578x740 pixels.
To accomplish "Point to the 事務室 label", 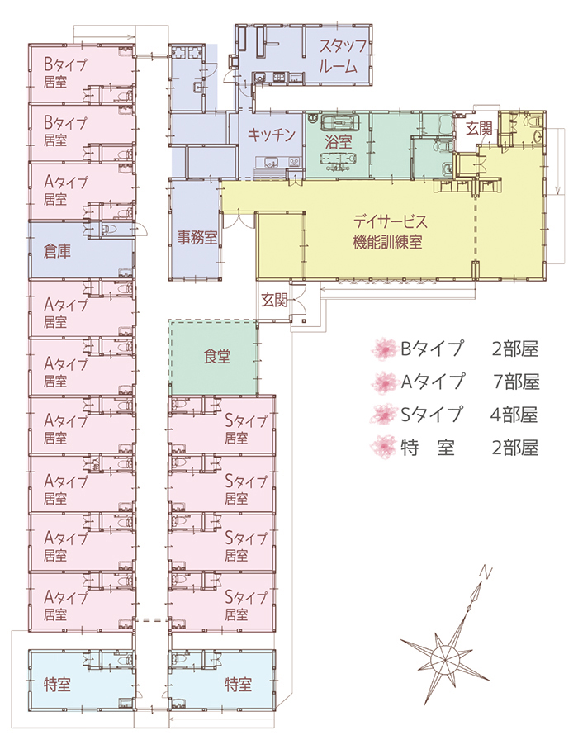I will (x=197, y=239).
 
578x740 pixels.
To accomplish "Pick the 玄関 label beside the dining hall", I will (x=276, y=298).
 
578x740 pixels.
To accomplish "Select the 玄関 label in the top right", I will (x=478, y=129).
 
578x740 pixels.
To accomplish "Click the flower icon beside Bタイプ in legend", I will (x=384, y=349).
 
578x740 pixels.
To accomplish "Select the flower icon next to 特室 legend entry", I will (x=384, y=447).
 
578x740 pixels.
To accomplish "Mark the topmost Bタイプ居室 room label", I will (x=65, y=74).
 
